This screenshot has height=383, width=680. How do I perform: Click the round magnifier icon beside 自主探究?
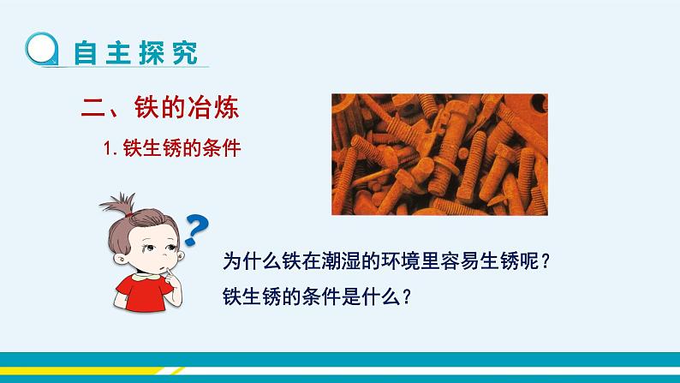[40, 51]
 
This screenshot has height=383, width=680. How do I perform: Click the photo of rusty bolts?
[439, 153]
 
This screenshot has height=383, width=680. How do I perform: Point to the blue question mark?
[197, 229]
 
